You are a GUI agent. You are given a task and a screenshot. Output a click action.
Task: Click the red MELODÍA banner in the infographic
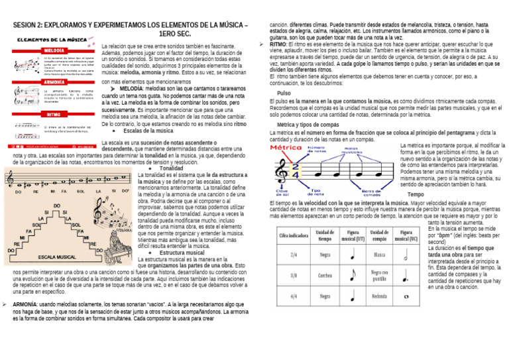(x=54, y=50)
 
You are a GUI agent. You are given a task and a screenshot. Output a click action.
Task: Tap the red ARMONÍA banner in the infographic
(x=54, y=82)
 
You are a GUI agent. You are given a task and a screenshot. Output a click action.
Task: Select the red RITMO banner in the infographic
(x=54, y=114)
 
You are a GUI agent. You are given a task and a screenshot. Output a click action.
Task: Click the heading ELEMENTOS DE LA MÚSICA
(x=55, y=40)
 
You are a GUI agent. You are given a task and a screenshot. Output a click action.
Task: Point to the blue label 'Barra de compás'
(x=370, y=192)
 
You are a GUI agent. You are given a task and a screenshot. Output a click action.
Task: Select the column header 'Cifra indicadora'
(x=293, y=235)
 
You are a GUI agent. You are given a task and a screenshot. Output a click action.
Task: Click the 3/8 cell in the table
(x=293, y=275)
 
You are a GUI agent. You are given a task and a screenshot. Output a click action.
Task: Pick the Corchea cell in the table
(x=325, y=275)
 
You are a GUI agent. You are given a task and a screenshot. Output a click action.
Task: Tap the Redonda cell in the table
(x=380, y=296)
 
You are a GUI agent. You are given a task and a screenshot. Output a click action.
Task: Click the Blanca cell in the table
(x=380, y=254)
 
